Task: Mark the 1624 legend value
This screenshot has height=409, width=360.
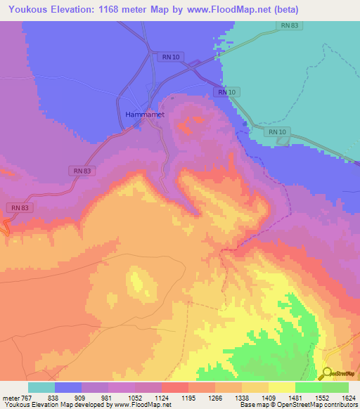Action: pyautogui.click(x=348, y=398)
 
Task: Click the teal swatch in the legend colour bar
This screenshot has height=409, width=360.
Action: pyautogui.click(x=41, y=387)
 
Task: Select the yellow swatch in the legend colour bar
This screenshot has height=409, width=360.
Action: pyautogui.click(x=281, y=387)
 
